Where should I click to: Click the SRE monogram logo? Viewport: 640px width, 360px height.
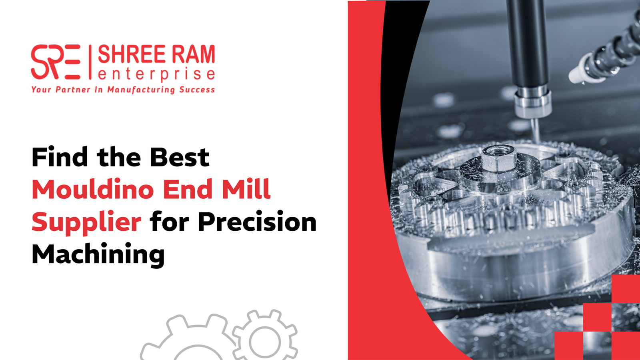point(56,62)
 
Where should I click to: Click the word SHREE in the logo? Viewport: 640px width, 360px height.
point(132,54)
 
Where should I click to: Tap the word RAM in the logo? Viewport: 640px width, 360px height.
point(194,54)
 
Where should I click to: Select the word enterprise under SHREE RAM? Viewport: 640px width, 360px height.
point(156,74)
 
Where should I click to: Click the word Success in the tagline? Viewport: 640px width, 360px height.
point(197,90)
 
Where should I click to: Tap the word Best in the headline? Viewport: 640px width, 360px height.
point(180,157)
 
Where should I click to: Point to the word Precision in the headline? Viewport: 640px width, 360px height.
point(257,222)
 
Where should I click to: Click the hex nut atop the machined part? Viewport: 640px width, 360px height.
point(499,158)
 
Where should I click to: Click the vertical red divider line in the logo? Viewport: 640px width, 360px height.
point(90,62)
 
